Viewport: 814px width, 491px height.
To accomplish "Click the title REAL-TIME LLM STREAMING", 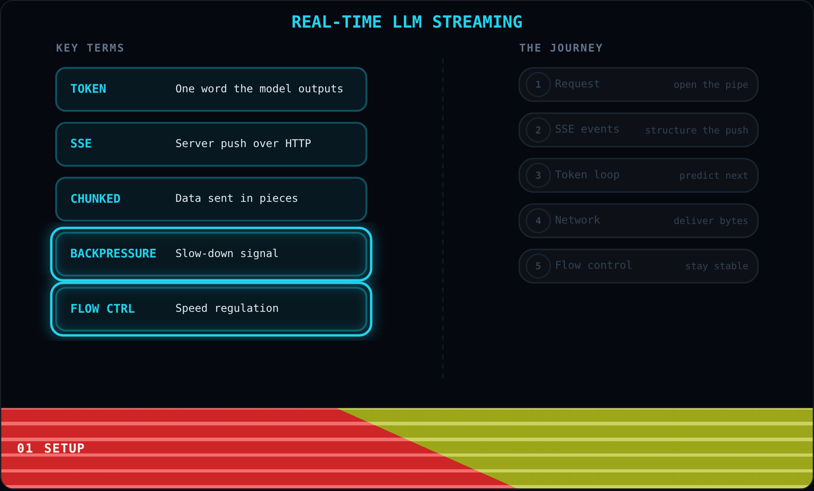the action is click(407, 22).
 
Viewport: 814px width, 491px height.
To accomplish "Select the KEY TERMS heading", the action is click(90, 48).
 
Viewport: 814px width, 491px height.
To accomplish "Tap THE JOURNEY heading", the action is click(561, 48).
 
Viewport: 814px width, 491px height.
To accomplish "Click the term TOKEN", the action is click(88, 89).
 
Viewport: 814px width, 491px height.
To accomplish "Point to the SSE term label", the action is click(81, 143).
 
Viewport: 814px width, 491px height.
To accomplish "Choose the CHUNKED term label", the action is click(95, 199).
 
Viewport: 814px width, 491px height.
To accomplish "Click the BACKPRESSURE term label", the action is click(113, 253).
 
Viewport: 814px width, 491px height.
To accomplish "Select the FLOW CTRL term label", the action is click(103, 309).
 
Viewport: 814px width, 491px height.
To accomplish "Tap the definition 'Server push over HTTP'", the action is click(243, 143).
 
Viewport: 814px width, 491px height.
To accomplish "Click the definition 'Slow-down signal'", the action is click(227, 253).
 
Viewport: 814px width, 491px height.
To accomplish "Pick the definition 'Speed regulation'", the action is click(227, 308).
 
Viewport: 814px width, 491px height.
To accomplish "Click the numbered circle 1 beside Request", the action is click(538, 85).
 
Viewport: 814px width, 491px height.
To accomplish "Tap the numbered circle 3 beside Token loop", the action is click(538, 175).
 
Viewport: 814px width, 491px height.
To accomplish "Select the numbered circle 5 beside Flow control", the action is click(538, 266).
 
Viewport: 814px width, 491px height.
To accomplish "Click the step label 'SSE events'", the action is click(587, 129).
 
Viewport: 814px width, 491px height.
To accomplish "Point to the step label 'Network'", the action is click(577, 220).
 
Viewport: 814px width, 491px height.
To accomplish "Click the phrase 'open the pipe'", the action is click(711, 85).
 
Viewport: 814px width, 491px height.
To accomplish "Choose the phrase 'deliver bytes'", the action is click(711, 221).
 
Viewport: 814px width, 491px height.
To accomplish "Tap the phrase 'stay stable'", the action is click(717, 266).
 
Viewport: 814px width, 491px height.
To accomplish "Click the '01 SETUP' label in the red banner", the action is click(51, 448).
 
